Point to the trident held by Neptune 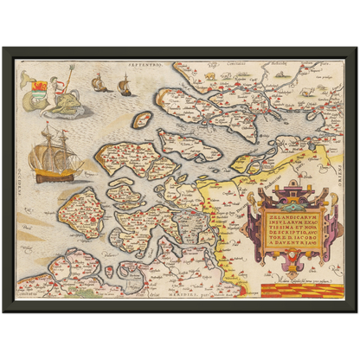pyautogui.click(x=61, y=77)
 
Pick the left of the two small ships pyautogui.click(x=99, y=84)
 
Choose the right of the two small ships pyautogui.click(x=124, y=86)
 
